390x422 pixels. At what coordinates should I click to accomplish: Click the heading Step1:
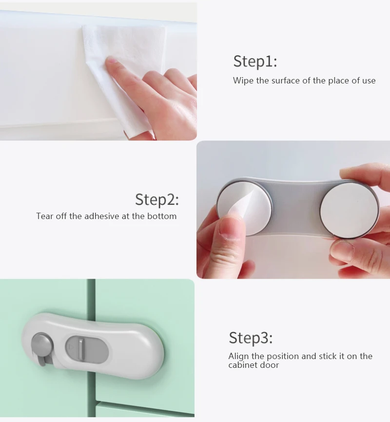(x=254, y=62)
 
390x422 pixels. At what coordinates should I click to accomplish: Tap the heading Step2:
(x=157, y=200)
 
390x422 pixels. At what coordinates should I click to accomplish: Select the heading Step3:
(x=251, y=338)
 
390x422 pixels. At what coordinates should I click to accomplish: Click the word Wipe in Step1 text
(x=243, y=80)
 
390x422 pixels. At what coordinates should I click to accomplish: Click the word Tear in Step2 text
(x=44, y=216)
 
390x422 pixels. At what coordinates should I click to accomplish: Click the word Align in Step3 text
(x=239, y=356)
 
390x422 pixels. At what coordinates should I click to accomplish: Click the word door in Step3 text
(x=270, y=365)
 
